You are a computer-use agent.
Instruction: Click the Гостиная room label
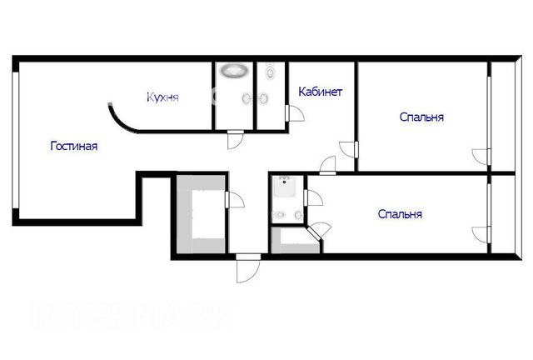coord(74,146)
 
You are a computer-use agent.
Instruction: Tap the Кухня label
coord(162,97)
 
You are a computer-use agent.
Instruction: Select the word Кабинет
coord(320,92)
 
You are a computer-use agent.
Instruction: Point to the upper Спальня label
coord(421,117)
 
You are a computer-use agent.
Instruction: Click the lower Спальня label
coord(400,214)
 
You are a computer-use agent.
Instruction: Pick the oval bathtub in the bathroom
coord(234,71)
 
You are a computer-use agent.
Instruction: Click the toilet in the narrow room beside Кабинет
coord(271,71)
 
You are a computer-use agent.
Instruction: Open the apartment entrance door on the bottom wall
coord(248,267)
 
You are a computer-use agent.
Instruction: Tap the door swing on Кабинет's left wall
coord(294,113)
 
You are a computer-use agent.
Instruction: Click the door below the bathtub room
coord(236,139)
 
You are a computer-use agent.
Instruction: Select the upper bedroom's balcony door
coord(481,157)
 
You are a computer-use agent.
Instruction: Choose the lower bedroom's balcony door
coord(481,235)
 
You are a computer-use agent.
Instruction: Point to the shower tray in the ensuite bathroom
coord(285,187)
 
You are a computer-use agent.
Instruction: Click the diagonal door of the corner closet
coord(318,232)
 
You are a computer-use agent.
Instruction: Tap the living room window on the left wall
coord(15,140)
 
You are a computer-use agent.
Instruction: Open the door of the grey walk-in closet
coord(235,200)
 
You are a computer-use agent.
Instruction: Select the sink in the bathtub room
coord(247,98)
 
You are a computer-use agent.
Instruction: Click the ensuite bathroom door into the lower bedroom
coord(313,197)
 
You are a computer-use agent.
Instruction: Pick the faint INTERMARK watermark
coord(132,316)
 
